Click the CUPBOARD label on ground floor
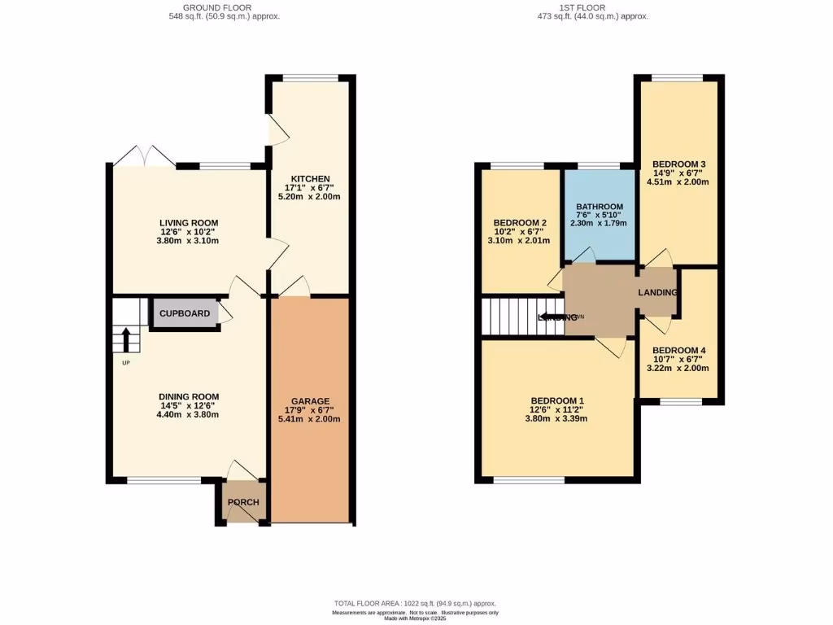[184, 313]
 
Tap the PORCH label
[242, 502]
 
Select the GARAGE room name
[311, 401]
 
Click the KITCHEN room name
[311, 179]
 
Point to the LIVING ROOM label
[189, 223]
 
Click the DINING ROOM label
[189, 397]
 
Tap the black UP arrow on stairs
[126, 339]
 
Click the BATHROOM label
[599, 207]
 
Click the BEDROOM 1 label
[557, 400]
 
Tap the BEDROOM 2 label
[519, 223]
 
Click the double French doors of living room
[143, 156]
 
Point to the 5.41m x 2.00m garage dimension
[311, 420]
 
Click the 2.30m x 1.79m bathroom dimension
[599, 224]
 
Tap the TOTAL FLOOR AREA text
[416, 603]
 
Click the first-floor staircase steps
[508, 317]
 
